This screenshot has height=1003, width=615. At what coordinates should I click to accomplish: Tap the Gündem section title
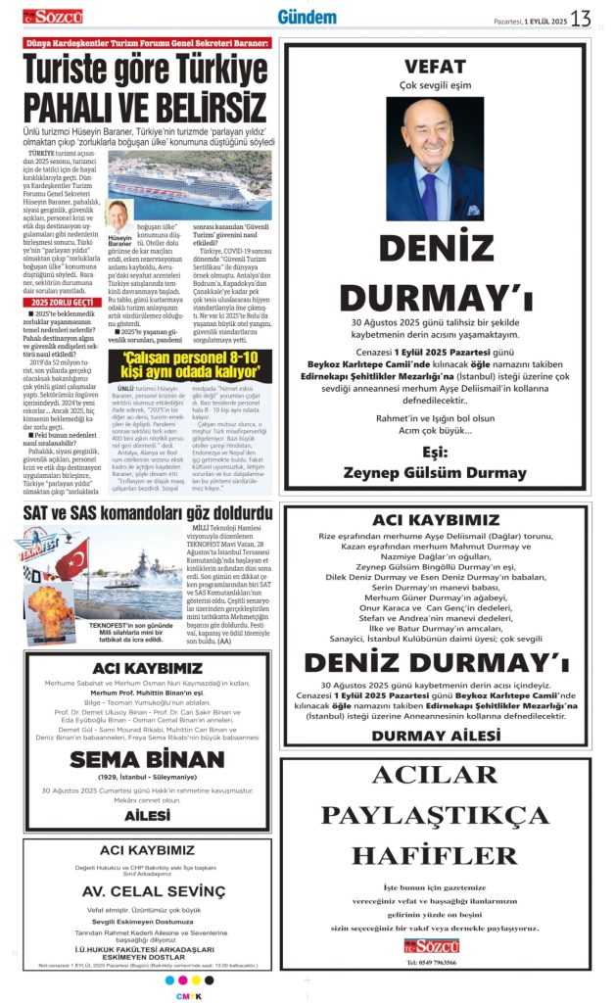click(307, 18)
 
